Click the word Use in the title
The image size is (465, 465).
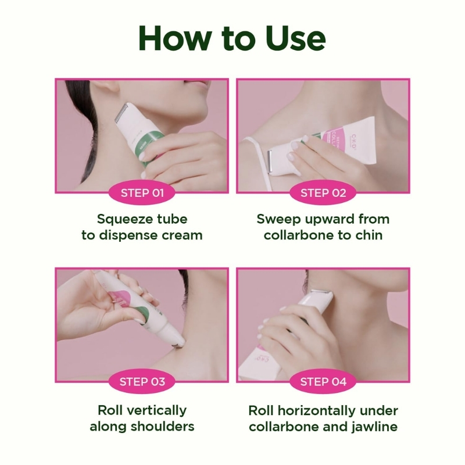[x=296, y=39]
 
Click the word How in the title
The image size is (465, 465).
[x=175, y=39]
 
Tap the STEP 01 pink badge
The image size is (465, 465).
[x=142, y=193]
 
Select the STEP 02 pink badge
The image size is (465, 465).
[x=323, y=193]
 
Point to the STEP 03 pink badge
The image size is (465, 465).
[x=142, y=382]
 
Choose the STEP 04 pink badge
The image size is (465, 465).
[x=323, y=382]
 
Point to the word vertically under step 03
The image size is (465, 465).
[x=156, y=411]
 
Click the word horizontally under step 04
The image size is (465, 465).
[x=316, y=411]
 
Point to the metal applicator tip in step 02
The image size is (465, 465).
[x=270, y=162]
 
